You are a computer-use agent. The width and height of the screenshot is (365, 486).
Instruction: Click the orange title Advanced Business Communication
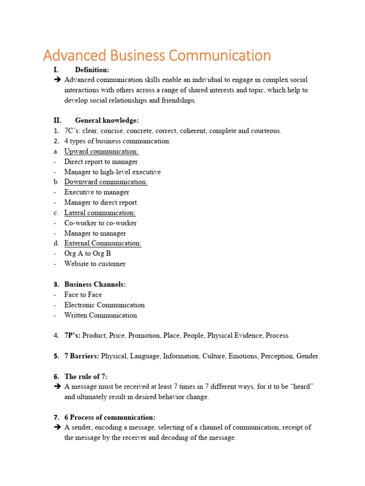click(157, 56)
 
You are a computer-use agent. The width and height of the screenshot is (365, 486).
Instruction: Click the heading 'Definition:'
click(92, 70)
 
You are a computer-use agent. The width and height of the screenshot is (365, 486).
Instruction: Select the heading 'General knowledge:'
click(106, 121)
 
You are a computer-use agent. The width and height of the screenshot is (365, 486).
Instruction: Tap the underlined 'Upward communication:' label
click(101, 151)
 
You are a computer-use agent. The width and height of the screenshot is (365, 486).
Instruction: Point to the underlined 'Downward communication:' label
click(106, 182)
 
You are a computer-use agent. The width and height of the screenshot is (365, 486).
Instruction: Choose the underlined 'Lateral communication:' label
click(100, 213)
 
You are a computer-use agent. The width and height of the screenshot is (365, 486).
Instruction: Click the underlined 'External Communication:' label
click(103, 243)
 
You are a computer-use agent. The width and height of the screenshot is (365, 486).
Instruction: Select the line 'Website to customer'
click(95, 264)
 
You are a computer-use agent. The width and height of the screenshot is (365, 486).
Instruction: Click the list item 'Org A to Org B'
click(87, 253)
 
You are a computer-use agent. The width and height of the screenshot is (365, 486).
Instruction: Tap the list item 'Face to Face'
click(83, 295)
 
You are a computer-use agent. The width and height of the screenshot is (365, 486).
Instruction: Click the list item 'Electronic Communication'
click(105, 305)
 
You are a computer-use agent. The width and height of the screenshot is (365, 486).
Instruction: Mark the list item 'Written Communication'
click(100, 315)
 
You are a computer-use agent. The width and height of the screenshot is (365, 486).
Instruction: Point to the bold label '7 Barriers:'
click(82, 356)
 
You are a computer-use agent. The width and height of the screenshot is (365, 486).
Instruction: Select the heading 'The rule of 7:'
click(86, 377)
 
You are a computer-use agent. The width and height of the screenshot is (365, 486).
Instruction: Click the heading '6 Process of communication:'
click(110, 418)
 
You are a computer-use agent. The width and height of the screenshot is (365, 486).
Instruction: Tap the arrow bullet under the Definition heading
click(58, 80)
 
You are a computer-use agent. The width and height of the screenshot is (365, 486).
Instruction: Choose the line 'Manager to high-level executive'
click(113, 172)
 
